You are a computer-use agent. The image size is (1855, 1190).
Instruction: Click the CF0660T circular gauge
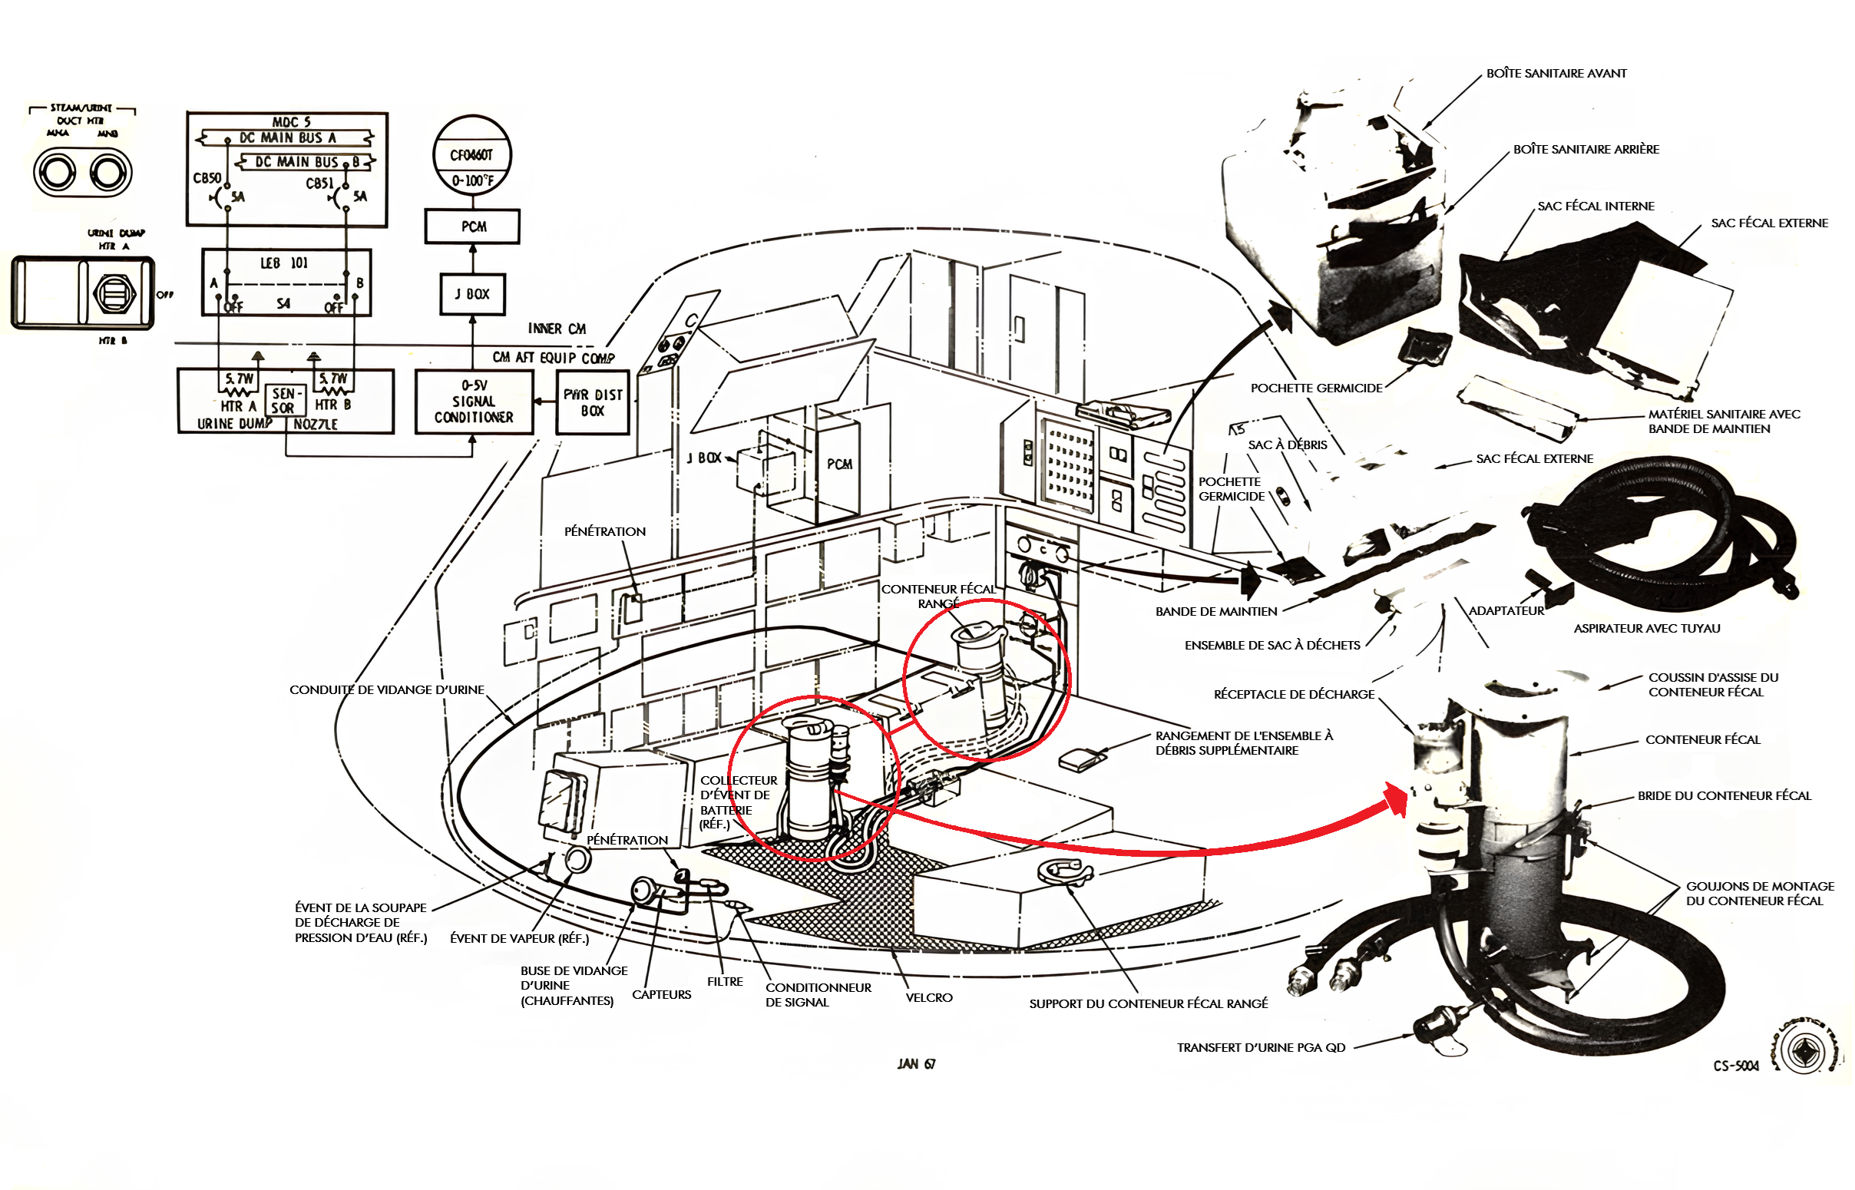point(472,156)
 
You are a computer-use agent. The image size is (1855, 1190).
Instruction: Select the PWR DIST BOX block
point(593,402)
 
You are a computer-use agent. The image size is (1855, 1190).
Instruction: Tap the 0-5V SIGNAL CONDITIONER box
point(474,402)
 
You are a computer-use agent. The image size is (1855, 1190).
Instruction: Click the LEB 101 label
point(283,263)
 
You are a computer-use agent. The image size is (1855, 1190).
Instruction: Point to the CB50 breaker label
point(207,178)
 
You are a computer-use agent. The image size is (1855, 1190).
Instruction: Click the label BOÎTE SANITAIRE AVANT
point(1556,74)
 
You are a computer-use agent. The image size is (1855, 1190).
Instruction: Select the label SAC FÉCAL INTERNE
point(1595,207)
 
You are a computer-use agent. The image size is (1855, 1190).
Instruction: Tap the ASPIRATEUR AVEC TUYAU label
point(1646,629)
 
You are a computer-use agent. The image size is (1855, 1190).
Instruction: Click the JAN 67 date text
point(916,1064)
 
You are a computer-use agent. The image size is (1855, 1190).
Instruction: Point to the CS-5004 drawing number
point(1735,1066)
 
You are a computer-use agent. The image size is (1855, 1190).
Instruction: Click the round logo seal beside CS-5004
point(1804,1053)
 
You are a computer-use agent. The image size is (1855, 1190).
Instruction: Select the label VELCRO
point(929,998)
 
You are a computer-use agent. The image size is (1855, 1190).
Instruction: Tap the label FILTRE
point(725,982)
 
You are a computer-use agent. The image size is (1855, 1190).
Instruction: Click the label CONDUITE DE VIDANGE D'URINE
point(386,690)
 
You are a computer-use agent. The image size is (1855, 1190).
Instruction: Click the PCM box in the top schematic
point(473,227)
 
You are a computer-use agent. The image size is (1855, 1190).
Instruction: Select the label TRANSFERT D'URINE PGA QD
point(1261,1048)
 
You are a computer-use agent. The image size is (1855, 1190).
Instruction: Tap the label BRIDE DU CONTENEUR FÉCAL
point(1724,796)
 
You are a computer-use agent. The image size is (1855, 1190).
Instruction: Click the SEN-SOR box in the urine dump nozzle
point(283,401)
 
